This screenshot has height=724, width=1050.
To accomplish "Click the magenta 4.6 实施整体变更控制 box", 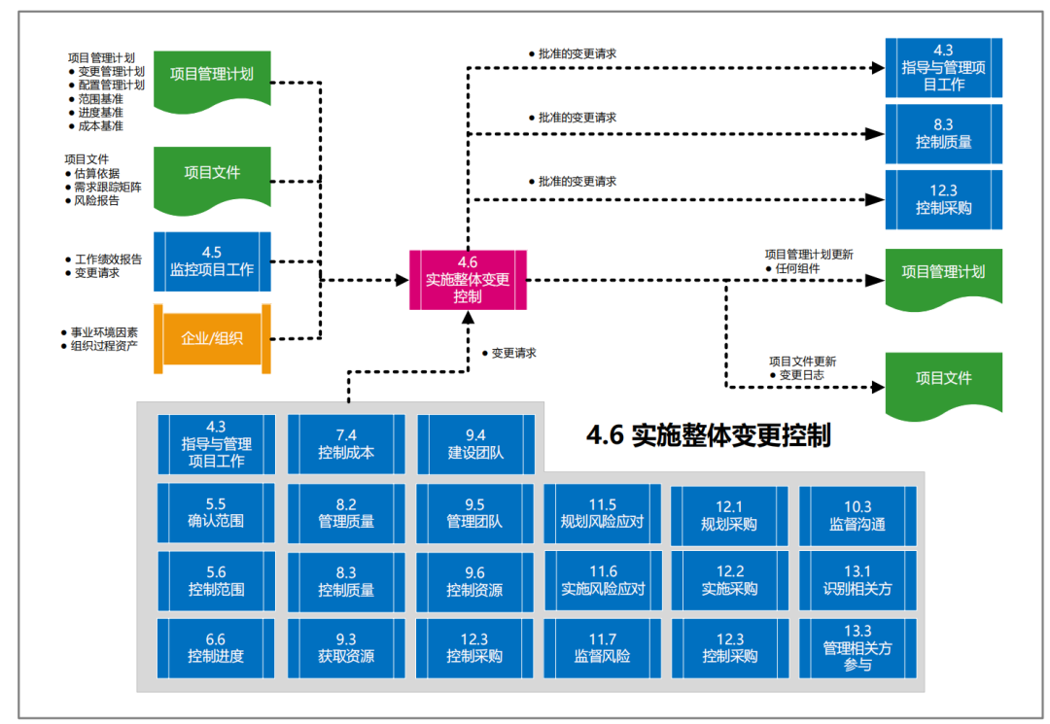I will click(468, 280).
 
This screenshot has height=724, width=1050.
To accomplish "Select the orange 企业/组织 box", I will click(212, 338).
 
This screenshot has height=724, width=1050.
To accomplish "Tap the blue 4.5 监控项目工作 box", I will click(212, 261).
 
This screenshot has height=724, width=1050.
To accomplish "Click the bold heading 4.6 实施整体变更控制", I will click(708, 434).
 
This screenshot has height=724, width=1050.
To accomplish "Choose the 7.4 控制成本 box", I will click(346, 444).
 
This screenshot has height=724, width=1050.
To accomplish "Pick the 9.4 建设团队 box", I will click(475, 444).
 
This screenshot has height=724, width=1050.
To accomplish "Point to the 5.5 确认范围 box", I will click(216, 512).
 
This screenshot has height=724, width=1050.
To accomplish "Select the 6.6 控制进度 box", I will click(216, 647).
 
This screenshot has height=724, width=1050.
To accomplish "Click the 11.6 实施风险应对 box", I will click(603, 580).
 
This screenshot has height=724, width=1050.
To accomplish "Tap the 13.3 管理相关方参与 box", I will click(857, 647).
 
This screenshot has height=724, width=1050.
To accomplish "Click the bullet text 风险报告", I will click(97, 201).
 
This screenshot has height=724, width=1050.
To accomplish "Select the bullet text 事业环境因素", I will click(104, 332).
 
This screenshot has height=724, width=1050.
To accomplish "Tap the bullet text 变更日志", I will click(802, 375).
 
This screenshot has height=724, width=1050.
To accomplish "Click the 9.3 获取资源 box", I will click(346, 647).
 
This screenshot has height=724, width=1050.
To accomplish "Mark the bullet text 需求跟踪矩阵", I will click(108, 188).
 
